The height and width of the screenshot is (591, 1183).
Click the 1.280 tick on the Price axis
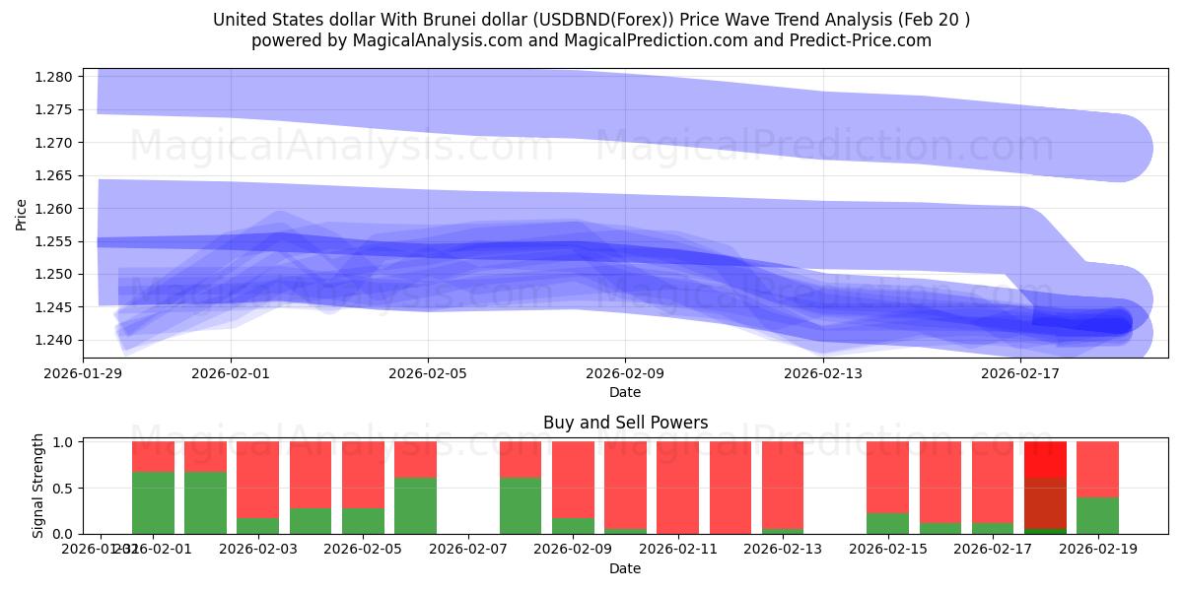click(x=55, y=77)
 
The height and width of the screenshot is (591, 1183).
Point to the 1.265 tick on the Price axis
click(x=55, y=175)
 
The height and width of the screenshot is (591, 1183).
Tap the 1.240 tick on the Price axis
click(x=55, y=340)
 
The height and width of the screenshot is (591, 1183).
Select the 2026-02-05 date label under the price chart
click(x=428, y=373)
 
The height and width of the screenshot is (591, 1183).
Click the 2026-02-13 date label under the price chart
click(x=822, y=373)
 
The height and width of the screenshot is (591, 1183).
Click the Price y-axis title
click(x=22, y=214)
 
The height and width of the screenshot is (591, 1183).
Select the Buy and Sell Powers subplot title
click(x=625, y=423)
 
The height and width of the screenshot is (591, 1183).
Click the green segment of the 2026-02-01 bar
click(x=153, y=502)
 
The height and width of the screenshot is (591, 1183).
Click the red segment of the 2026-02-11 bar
click(x=677, y=487)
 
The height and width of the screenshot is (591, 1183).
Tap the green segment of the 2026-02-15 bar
click(x=887, y=523)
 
